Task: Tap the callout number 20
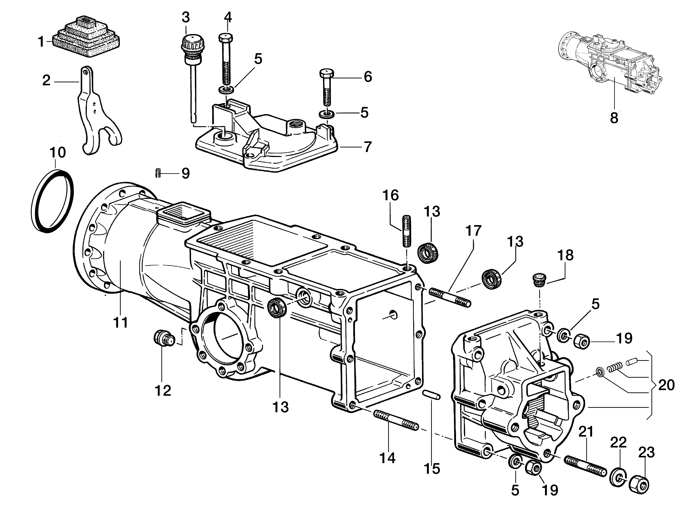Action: (666, 385)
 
